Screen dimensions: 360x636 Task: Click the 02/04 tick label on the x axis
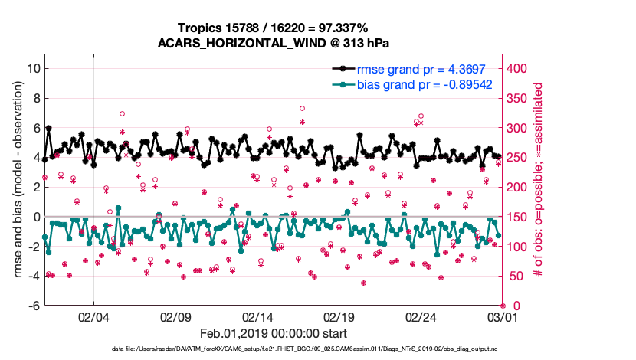[x=93, y=316]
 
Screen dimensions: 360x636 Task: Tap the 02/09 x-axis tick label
[x=175, y=316]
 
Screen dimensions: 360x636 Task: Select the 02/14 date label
[x=257, y=316]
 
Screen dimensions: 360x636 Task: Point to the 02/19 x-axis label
[x=339, y=316]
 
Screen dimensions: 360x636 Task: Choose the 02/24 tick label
[x=421, y=316]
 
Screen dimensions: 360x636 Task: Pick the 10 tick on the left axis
[x=33, y=68]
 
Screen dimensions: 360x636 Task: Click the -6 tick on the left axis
[x=34, y=306]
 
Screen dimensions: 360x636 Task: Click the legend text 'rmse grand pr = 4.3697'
[x=424, y=67]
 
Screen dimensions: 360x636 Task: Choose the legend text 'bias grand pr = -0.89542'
[x=424, y=83]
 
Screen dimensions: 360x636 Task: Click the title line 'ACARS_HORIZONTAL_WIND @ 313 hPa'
[x=274, y=42]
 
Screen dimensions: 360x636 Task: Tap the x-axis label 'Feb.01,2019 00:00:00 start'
[x=274, y=334]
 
